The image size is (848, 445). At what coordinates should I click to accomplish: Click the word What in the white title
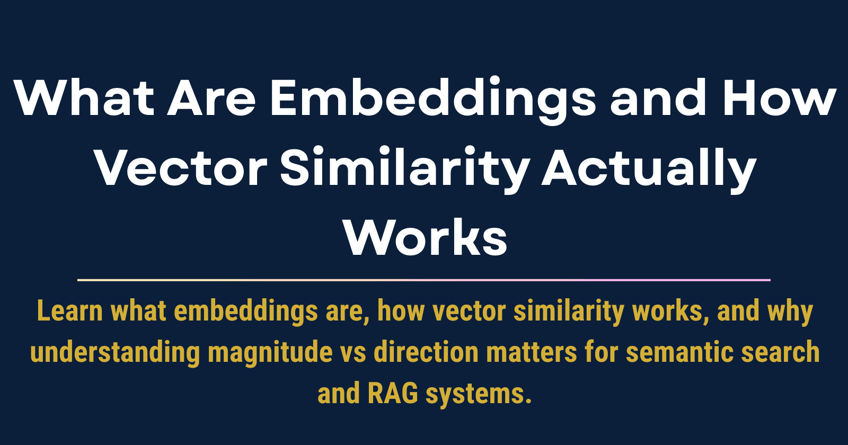point(84,99)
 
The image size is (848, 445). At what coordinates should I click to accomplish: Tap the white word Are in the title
point(212,99)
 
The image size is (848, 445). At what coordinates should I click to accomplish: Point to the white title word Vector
point(181,168)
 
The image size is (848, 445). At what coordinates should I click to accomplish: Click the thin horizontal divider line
point(424,280)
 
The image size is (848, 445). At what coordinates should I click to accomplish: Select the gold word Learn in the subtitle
point(69,311)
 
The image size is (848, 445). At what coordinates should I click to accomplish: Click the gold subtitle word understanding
point(115,353)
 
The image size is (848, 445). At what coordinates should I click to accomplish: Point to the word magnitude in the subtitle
point(270,353)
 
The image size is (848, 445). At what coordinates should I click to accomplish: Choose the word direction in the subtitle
point(426,353)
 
